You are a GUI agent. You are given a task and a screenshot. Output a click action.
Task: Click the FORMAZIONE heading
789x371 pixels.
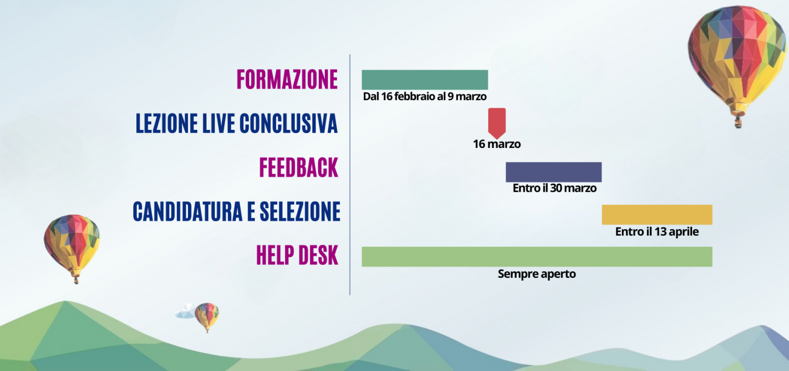(287, 79)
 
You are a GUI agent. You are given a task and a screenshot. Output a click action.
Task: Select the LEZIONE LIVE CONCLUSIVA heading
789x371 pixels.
(237, 123)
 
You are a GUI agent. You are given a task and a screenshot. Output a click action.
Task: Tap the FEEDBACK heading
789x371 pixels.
(299, 167)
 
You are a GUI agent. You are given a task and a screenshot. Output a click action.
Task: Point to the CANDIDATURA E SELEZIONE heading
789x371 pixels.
(237, 212)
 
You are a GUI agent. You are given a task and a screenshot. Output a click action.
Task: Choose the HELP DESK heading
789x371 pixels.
(298, 255)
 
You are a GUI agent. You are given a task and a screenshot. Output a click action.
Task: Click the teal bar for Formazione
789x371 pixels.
(425, 79)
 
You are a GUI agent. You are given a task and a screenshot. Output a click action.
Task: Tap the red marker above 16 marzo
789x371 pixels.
(497, 123)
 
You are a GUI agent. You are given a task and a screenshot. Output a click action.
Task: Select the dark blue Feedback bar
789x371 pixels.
(554, 172)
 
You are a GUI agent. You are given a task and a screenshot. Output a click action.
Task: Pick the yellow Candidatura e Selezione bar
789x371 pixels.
(657, 215)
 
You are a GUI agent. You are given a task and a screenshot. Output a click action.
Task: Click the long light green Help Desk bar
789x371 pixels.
(537, 256)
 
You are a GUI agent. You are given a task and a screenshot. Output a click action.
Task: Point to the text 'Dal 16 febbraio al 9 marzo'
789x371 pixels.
(425, 96)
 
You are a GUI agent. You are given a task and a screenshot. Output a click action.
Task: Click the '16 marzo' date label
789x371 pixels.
(496, 144)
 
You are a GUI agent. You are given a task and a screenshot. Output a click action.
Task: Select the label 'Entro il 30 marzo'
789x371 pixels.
(554, 188)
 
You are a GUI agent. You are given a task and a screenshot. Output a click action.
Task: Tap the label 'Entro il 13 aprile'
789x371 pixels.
(657, 232)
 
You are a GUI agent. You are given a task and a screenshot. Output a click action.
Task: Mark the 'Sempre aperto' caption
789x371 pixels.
(537, 274)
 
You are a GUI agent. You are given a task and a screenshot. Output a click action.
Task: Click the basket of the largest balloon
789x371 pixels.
(738, 122)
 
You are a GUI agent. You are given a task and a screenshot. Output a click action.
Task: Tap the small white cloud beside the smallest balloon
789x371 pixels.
(186, 312)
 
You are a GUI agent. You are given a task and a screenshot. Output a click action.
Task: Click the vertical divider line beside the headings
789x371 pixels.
(350, 174)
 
